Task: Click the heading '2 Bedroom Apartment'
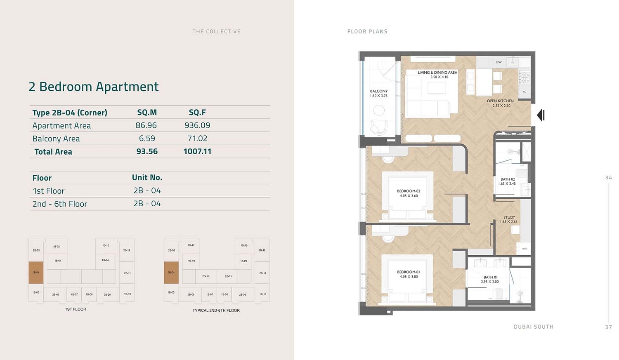[x=94, y=87]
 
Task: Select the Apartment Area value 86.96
[x=146, y=125]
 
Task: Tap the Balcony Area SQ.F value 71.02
[x=197, y=139]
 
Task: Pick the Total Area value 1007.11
[x=197, y=151]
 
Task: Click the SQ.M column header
[x=147, y=113]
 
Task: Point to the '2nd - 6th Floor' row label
[x=60, y=204]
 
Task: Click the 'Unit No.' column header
[x=147, y=177]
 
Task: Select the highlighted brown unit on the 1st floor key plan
[x=36, y=273]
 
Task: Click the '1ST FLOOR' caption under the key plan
[x=76, y=309]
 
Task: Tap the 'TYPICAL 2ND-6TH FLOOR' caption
[x=216, y=311]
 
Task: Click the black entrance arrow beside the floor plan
[x=541, y=115]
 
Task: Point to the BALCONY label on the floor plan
[x=378, y=91]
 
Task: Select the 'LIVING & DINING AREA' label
[x=437, y=73]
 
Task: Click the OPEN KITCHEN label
[x=500, y=101]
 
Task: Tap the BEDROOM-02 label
[x=409, y=191]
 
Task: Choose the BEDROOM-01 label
[x=409, y=272]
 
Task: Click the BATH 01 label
[x=490, y=278]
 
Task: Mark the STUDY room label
[x=509, y=217]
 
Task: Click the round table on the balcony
[x=379, y=110]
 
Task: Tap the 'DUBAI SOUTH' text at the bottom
[x=533, y=327]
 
